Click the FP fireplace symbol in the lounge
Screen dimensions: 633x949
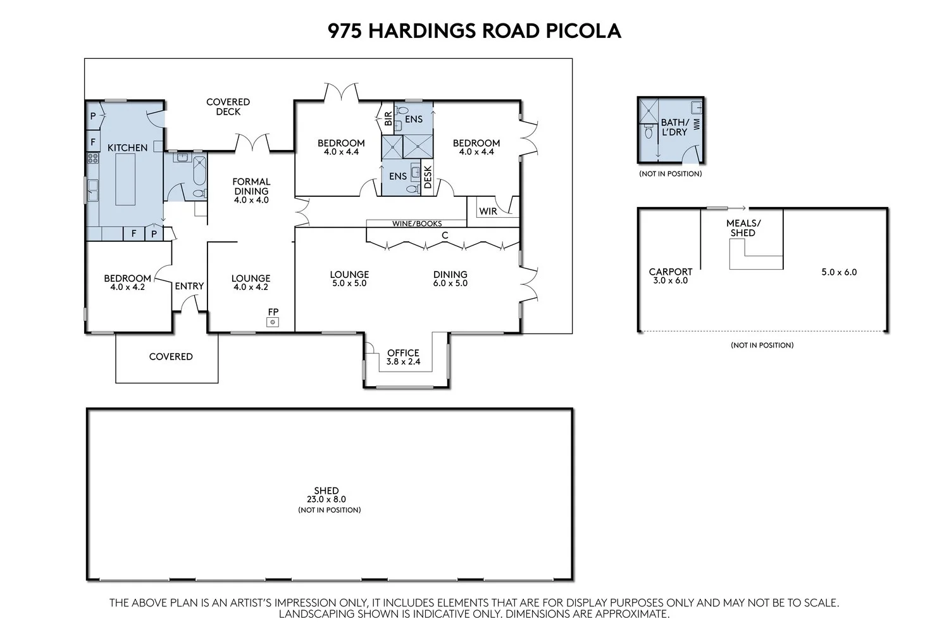[x=273, y=322]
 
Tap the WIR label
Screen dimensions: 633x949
[x=488, y=211]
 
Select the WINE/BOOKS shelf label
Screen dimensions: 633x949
[x=417, y=223]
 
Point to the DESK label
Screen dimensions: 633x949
[x=427, y=177]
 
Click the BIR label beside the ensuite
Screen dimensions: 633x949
[x=388, y=118]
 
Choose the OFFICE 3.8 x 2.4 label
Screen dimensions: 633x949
[x=403, y=357]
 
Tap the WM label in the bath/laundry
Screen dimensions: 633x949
[x=697, y=124]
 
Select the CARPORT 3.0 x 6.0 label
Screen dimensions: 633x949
[x=671, y=275]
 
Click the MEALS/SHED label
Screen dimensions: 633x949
[x=743, y=228]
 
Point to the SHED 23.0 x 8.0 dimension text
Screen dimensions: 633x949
[x=326, y=499]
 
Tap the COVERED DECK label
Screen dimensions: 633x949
[x=228, y=106]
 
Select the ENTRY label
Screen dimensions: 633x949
[x=189, y=286]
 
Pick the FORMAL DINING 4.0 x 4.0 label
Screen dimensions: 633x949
[x=251, y=191]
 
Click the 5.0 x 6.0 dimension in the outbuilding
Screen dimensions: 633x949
[x=839, y=272]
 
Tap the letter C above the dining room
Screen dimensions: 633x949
[x=445, y=235]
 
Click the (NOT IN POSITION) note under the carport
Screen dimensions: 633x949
[x=762, y=345]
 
